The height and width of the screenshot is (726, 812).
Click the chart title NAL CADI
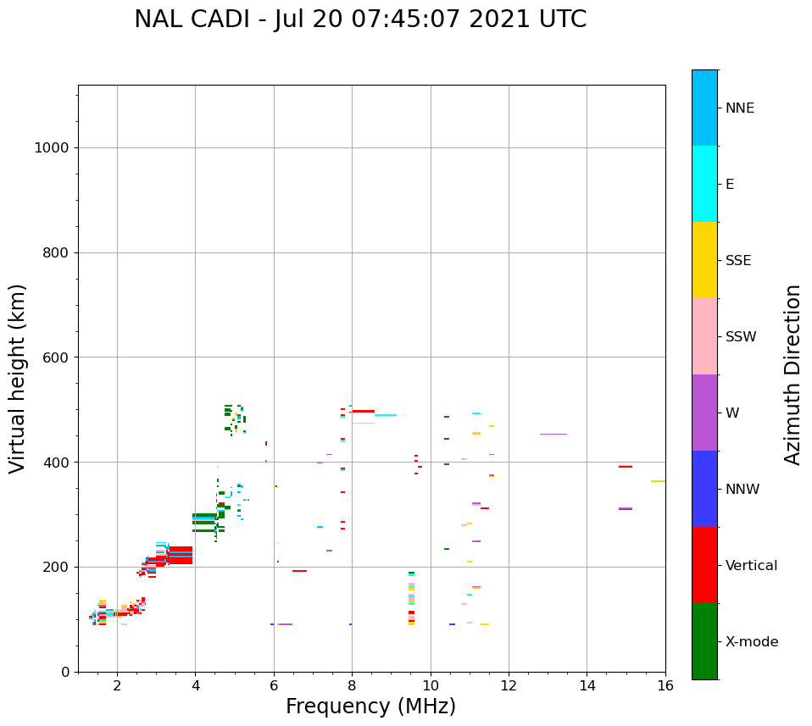tap(360, 19)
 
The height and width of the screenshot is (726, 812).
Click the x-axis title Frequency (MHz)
tap(370, 707)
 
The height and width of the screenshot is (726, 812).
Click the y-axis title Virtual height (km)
tap(18, 379)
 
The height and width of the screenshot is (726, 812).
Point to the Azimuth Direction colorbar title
tap(793, 374)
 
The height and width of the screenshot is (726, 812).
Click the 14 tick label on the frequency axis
tap(587, 685)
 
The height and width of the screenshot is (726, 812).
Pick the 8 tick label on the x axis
tap(352, 685)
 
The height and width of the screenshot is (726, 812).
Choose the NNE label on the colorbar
tap(739, 108)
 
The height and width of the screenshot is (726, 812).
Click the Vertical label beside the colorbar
tap(751, 566)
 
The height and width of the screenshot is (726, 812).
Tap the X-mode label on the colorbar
tap(752, 642)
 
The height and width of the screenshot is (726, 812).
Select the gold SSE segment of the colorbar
tap(704, 260)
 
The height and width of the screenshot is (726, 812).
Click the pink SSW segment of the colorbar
tap(704, 336)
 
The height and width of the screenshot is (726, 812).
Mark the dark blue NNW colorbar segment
tap(704, 489)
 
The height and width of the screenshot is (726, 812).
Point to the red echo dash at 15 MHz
tap(626, 467)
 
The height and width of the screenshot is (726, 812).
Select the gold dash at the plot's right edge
tap(658, 481)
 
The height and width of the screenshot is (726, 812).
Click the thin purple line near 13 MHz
tap(553, 434)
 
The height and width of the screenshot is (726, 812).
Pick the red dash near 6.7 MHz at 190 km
tap(299, 571)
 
